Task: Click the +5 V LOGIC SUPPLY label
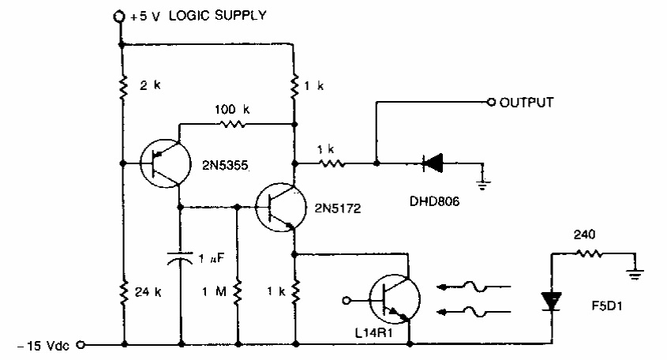tap(200, 14)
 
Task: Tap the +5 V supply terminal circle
tap(120, 15)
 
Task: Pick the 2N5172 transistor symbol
tap(278, 207)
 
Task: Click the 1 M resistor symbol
tap(238, 291)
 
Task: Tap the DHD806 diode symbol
tap(430, 163)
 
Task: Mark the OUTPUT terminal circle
tap(491, 103)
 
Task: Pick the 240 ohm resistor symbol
tap(590, 253)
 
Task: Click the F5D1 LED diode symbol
tap(551, 300)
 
